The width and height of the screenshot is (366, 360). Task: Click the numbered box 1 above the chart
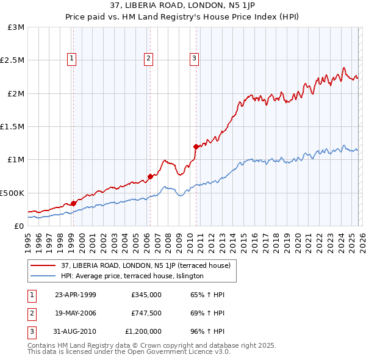72,59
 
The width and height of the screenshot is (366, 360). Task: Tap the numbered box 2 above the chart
148,59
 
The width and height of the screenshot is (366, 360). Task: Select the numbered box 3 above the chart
194,59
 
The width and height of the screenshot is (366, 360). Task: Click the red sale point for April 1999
73,203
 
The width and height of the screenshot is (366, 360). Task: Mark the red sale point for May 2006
149,176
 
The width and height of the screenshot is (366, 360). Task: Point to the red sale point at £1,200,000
196,146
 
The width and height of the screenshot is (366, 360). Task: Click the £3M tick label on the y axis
16,27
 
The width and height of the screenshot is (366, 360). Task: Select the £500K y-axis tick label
13,193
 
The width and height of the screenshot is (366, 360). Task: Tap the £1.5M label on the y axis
13,127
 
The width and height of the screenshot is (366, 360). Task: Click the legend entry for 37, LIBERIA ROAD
145,265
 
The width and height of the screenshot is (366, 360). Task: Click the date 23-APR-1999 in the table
75,295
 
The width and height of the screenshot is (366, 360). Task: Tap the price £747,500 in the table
146,313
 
